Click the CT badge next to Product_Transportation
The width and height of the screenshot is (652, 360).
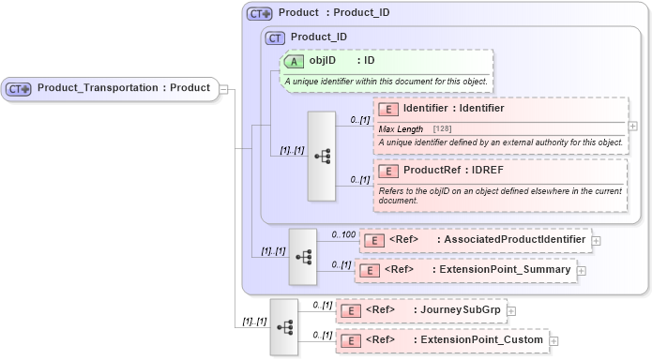pyautogui.click(x=20, y=89)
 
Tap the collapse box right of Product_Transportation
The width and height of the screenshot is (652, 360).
pyautogui.click(x=225, y=89)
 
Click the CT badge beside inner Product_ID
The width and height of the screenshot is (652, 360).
pyautogui.click(x=275, y=37)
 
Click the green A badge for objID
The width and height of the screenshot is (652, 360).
pyautogui.click(x=294, y=60)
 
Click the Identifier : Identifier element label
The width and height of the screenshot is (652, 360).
pyautogui.click(x=453, y=109)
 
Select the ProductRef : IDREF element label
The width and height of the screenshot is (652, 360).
pyautogui.click(x=453, y=172)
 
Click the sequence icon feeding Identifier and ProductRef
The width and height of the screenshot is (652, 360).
pyautogui.click(x=321, y=157)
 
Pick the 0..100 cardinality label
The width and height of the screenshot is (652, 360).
pyautogui.click(x=344, y=234)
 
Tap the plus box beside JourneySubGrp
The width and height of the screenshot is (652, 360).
pyautogui.click(x=511, y=310)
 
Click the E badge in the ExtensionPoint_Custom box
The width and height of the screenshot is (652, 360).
pyautogui.click(x=350, y=340)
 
